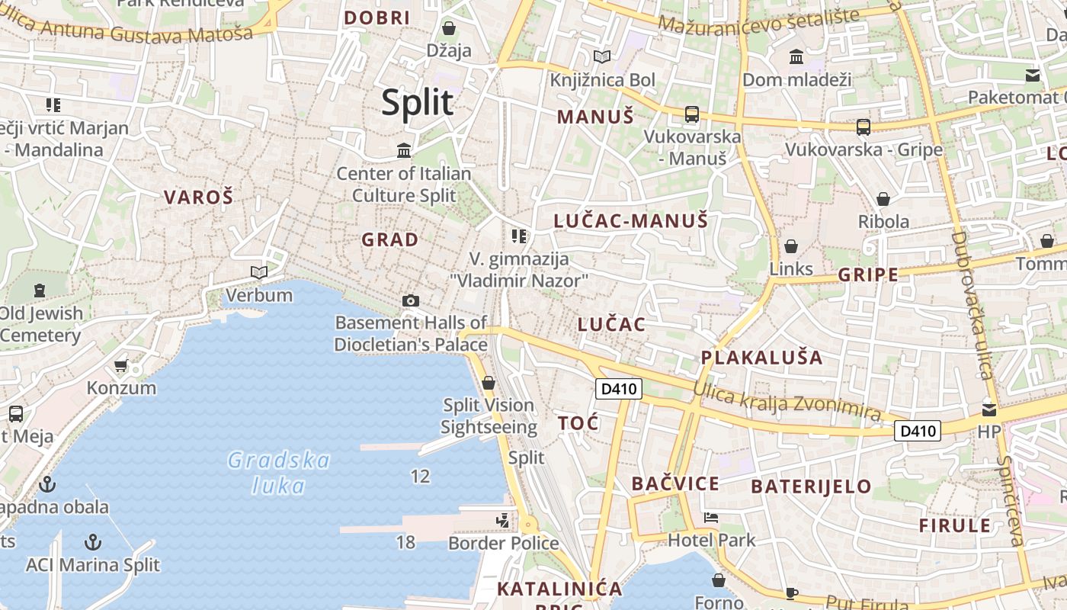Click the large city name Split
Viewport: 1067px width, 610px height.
[x=418, y=102]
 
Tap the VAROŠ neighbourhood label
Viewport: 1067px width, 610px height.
[x=198, y=197]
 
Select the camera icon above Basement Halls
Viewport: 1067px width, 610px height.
[x=411, y=300]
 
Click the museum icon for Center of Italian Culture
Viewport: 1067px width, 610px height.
[x=404, y=150]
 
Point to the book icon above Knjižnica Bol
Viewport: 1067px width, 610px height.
[x=602, y=56]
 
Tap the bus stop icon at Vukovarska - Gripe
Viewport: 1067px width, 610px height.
[x=863, y=127]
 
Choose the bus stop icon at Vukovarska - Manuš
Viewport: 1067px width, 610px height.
[x=692, y=114]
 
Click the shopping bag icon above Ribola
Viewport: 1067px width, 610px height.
[x=883, y=199]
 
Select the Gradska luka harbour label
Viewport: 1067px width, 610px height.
[x=279, y=473]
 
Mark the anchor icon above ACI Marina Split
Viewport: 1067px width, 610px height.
[x=92, y=542]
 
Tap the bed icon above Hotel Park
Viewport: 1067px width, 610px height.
[x=711, y=517]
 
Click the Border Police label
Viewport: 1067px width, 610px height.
[x=503, y=543]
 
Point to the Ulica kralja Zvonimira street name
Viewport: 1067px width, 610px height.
[x=787, y=401]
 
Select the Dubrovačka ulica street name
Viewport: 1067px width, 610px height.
[x=972, y=305]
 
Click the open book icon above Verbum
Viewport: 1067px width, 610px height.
[x=259, y=272]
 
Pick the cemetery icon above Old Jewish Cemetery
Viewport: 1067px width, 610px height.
[x=39, y=290]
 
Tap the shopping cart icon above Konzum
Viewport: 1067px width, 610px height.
[x=120, y=366]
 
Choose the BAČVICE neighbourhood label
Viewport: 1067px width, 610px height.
[x=675, y=483]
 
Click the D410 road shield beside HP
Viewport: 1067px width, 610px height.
[x=918, y=431]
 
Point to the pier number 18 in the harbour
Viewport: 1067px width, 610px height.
[x=405, y=542]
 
